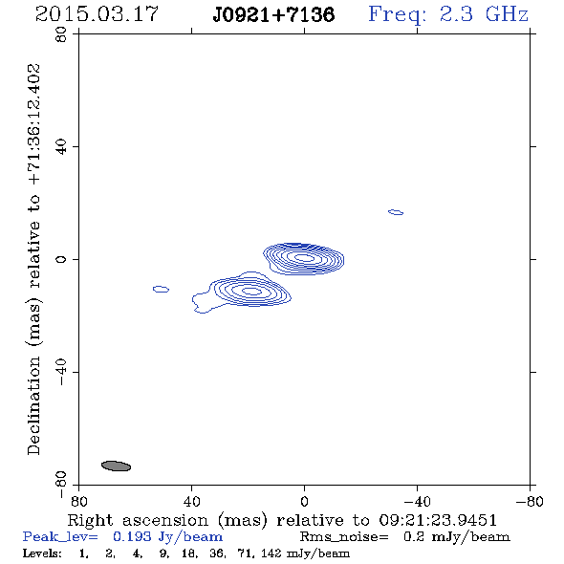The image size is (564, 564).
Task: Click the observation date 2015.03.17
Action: pos(97,14)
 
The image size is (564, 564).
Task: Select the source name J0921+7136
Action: pos(273,15)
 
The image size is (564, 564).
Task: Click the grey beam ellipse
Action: pos(117,466)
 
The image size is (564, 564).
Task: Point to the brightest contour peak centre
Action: pos(304,257)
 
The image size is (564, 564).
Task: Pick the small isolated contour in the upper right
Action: pos(396,212)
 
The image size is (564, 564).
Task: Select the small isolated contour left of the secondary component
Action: pos(161,289)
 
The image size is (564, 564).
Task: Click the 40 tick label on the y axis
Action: pos(61,147)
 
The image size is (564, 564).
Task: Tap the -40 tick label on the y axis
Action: pos(61,372)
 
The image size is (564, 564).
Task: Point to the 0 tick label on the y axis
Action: pos(61,259)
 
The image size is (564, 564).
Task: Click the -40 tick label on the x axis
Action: pos(417,501)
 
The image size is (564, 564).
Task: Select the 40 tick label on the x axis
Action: pos(191,501)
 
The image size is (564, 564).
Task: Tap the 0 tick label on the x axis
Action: pos(304,501)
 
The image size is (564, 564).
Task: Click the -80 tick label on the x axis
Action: pos(530,501)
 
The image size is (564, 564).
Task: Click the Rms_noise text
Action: pos(344,537)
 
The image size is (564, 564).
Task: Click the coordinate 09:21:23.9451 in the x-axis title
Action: pos(438,520)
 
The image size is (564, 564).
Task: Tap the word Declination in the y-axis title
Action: pos(33,405)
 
